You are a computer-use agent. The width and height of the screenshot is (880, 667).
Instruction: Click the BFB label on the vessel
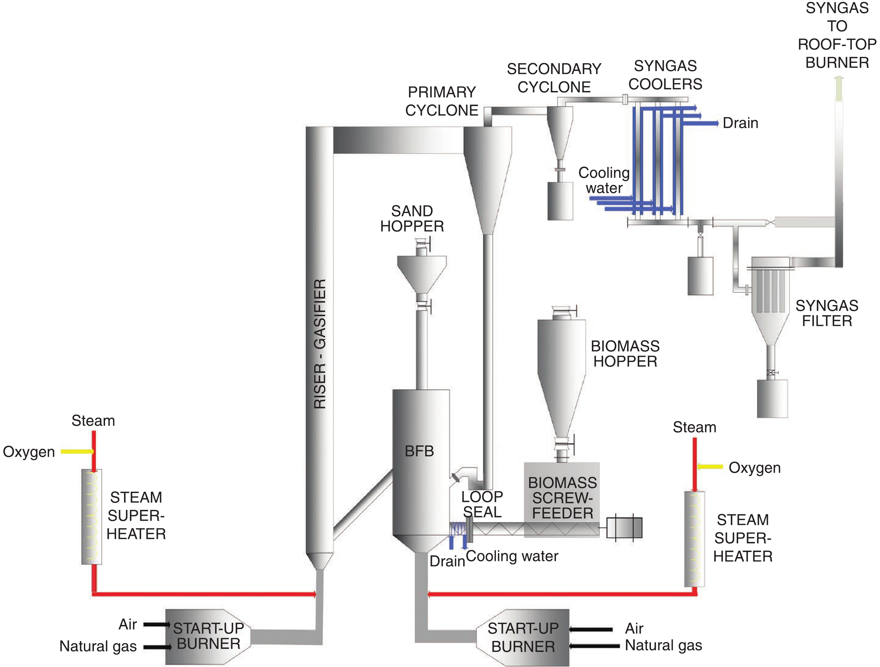419,451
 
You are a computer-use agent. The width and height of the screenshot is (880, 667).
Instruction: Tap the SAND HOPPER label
412,219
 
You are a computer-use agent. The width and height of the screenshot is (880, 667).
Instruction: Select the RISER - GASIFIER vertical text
320,344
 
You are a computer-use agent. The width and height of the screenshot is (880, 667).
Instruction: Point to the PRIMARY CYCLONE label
442,101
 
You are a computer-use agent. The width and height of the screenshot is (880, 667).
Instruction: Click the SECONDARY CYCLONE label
554,78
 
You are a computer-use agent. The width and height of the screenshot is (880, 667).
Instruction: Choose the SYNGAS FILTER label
827,313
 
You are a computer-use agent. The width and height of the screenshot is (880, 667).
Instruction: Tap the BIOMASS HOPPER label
625,354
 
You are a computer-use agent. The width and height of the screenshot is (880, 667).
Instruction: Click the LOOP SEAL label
482,504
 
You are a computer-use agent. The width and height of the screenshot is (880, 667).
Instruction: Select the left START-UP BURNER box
208,636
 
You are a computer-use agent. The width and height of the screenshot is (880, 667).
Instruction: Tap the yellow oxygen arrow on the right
710,467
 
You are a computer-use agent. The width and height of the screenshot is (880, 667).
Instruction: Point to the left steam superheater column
92,517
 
